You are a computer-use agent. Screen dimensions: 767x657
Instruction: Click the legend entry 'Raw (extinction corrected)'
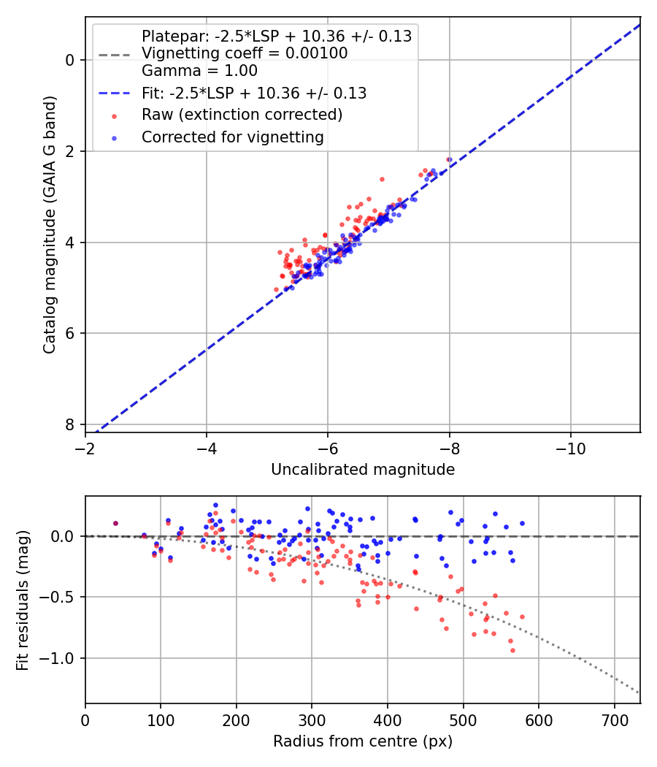(x=242, y=115)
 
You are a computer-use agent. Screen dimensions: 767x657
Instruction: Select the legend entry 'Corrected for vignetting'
(x=233, y=137)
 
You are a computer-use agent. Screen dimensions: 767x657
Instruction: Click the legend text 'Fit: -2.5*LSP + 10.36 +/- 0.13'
(x=254, y=93)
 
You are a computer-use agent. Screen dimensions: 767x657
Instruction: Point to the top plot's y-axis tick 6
(x=70, y=334)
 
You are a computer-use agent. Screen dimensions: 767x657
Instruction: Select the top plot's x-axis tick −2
(x=85, y=447)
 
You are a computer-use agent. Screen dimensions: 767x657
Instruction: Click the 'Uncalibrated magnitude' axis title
(x=363, y=469)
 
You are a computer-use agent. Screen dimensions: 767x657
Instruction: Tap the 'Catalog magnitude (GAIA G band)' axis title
(x=49, y=242)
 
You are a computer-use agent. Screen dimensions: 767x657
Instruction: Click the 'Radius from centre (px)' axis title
(x=363, y=741)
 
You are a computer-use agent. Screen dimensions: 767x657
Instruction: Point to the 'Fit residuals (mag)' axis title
(x=23, y=600)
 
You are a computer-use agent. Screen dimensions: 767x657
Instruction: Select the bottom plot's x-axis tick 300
(x=312, y=719)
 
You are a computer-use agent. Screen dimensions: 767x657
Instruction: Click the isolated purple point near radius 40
(x=115, y=523)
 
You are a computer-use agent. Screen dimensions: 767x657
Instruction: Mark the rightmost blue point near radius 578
(x=522, y=523)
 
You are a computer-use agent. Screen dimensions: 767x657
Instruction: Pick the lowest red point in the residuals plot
(x=512, y=650)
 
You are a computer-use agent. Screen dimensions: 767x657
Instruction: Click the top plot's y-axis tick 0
(x=70, y=59)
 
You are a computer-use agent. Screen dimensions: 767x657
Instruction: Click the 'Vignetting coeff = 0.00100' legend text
(x=245, y=53)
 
